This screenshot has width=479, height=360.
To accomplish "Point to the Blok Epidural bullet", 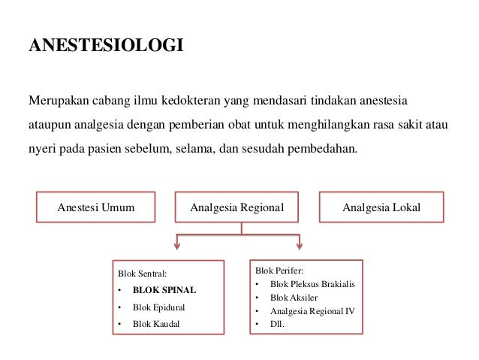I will [158, 307].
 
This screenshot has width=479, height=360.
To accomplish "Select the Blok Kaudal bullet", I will [156, 325].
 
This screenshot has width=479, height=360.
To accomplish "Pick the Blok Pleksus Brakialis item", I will [312, 284].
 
